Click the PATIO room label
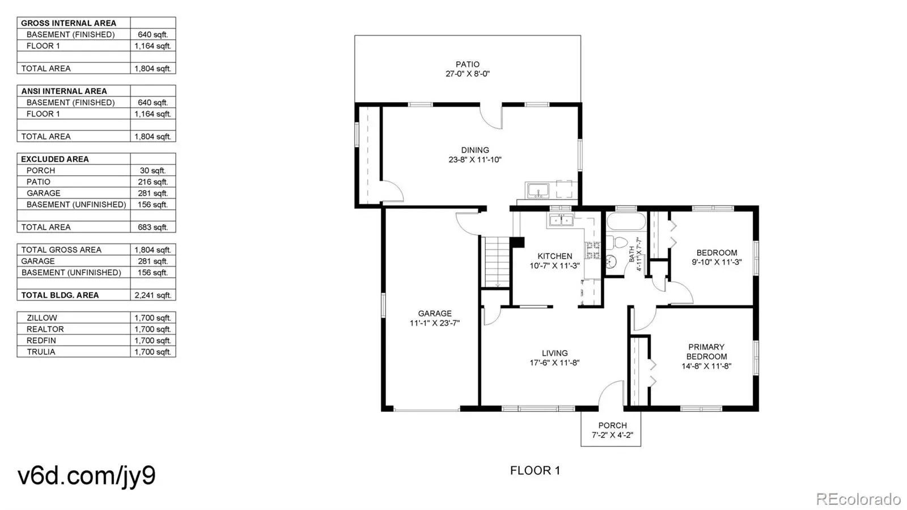467,65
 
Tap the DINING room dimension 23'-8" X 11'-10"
475,159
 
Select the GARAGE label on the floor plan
435,314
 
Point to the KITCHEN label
555,256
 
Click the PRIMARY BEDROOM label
706,352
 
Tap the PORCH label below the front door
612,425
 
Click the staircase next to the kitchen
497,262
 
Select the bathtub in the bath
626,221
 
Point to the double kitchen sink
561,220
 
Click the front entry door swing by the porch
611,393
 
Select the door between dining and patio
491,117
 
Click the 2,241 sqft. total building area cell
153,295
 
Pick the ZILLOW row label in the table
42,318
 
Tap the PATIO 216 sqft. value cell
153,182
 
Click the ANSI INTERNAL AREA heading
64,91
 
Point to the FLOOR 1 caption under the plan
535,470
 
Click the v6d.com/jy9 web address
87,475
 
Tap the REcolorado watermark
858,498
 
